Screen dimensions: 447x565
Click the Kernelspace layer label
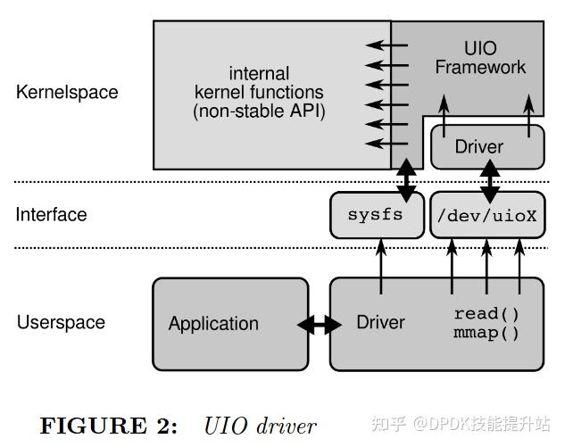click(67, 92)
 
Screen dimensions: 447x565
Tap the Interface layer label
click(52, 215)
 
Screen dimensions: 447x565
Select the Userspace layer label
click(61, 322)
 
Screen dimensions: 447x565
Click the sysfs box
click(377, 215)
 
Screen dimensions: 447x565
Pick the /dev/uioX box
click(486, 215)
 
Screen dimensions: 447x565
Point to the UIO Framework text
click(479, 57)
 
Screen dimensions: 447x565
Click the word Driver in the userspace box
click(380, 322)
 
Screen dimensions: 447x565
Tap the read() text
click(486, 314)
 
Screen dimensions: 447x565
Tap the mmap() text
click(486, 334)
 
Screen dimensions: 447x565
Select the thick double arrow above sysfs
click(406, 178)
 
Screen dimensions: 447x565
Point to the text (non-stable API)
click(259, 112)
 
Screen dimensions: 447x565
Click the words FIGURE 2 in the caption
click(110, 426)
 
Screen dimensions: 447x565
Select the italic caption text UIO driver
click(260, 426)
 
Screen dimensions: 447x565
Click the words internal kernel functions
click(259, 82)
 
